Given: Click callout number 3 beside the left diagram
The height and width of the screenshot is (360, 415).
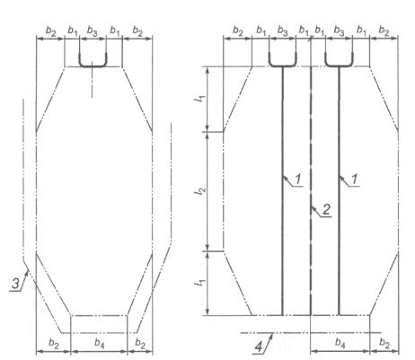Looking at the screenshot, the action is coord(15,284).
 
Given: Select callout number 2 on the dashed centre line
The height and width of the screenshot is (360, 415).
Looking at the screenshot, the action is coord(326,209).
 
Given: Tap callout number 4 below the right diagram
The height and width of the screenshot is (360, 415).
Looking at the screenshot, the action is coord(259,347).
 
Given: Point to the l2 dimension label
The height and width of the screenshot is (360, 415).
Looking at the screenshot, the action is coord(199,191).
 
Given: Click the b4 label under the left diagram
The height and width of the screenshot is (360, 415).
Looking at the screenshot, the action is coord(99,343).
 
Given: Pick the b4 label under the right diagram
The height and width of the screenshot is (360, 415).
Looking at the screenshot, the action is coord(340,342).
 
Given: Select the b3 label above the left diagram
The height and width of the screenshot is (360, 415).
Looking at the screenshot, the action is coord(92,31).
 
